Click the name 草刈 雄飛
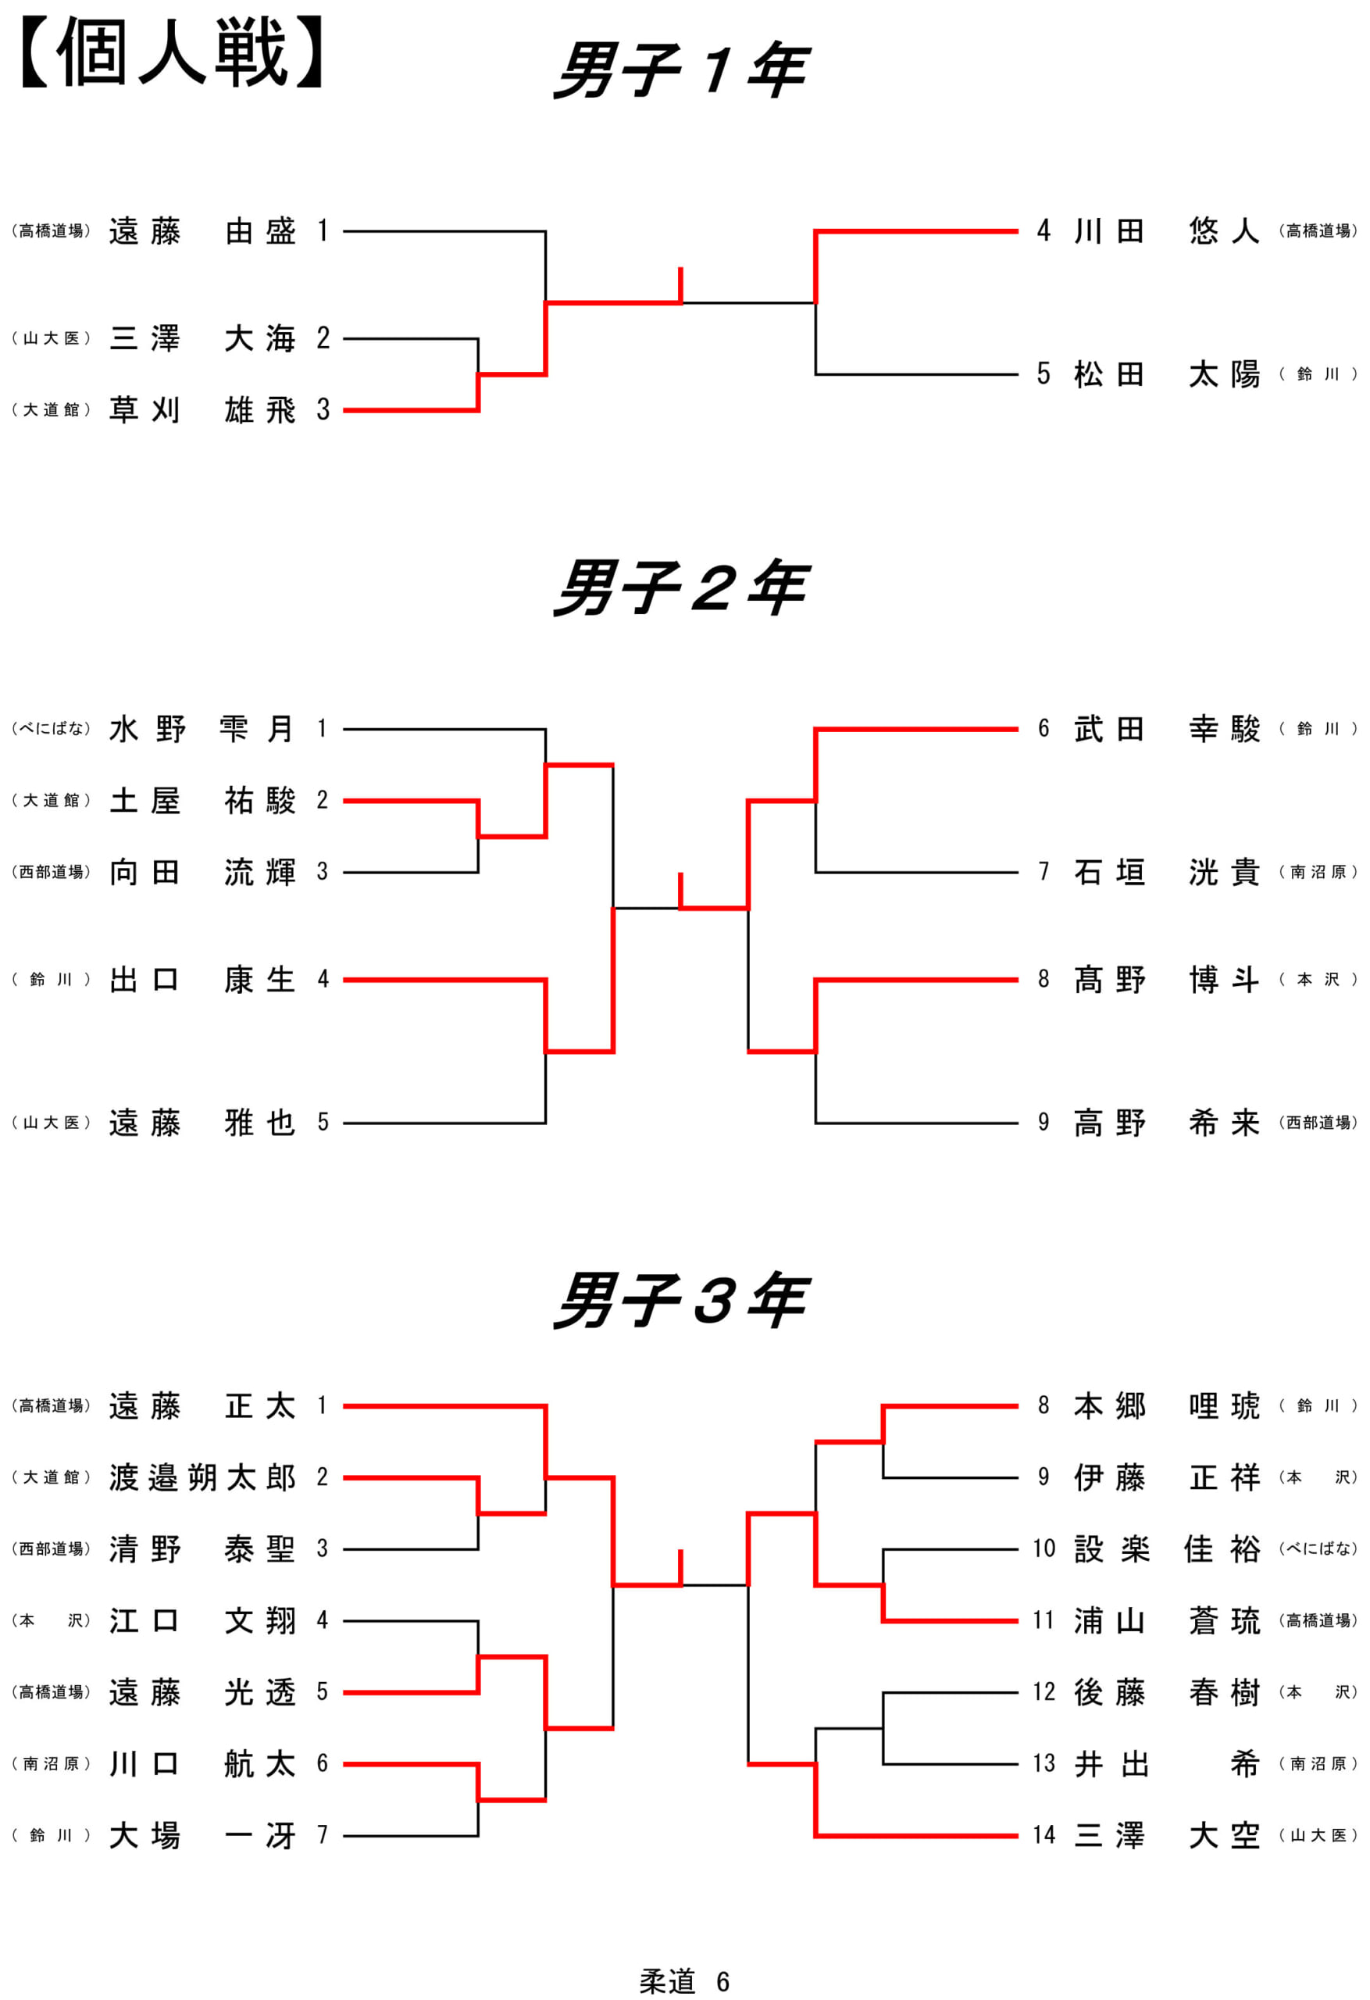[x=202, y=410]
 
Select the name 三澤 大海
[x=202, y=338]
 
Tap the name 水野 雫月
[x=202, y=729]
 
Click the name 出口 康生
[x=202, y=980]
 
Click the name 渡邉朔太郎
[x=202, y=1477]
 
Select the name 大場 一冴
[x=202, y=1836]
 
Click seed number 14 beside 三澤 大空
[x=1044, y=1835]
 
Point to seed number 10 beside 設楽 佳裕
[x=1044, y=1548]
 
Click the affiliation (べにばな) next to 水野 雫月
[x=51, y=729]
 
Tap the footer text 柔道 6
[x=685, y=1981]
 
